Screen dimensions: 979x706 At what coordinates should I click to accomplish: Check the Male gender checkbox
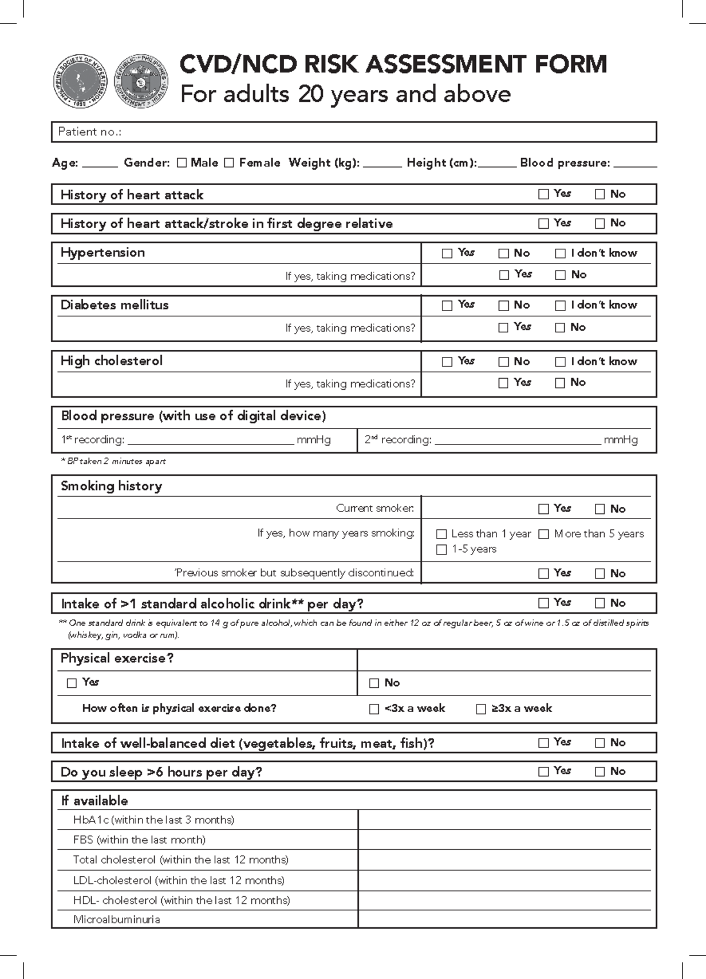pyautogui.click(x=182, y=163)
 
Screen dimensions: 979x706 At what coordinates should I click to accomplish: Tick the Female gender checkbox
pyautogui.click(x=229, y=163)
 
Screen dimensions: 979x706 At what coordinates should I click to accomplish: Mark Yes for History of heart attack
pyautogui.click(x=544, y=194)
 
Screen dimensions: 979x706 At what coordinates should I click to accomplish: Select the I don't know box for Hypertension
pyautogui.click(x=560, y=253)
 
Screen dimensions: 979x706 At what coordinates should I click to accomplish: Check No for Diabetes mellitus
pyautogui.click(x=504, y=305)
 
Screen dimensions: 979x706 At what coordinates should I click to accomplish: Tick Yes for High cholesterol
pyautogui.click(x=447, y=362)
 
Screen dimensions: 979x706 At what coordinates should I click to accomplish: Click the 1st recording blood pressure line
pyautogui.click(x=210, y=440)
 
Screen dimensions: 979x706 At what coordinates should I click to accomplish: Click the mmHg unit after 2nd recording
pyautogui.click(x=621, y=440)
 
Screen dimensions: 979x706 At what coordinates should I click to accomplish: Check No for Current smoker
pyautogui.click(x=600, y=509)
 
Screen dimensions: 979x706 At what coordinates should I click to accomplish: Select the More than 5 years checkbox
pyautogui.click(x=544, y=534)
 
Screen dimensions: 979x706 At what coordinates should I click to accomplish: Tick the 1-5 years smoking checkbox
pyautogui.click(x=441, y=550)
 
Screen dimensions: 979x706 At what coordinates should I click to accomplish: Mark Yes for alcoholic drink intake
pyautogui.click(x=544, y=603)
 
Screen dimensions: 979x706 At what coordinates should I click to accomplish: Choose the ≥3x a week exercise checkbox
pyautogui.click(x=481, y=709)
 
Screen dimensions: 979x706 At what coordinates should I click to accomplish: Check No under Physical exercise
pyautogui.click(x=374, y=683)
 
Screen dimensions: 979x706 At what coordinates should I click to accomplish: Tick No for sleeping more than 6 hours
pyautogui.click(x=600, y=771)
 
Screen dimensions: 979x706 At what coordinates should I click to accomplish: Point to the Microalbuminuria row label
pyautogui.click(x=116, y=920)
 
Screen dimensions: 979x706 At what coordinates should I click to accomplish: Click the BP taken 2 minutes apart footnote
pyautogui.click(x=114, y=462)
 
